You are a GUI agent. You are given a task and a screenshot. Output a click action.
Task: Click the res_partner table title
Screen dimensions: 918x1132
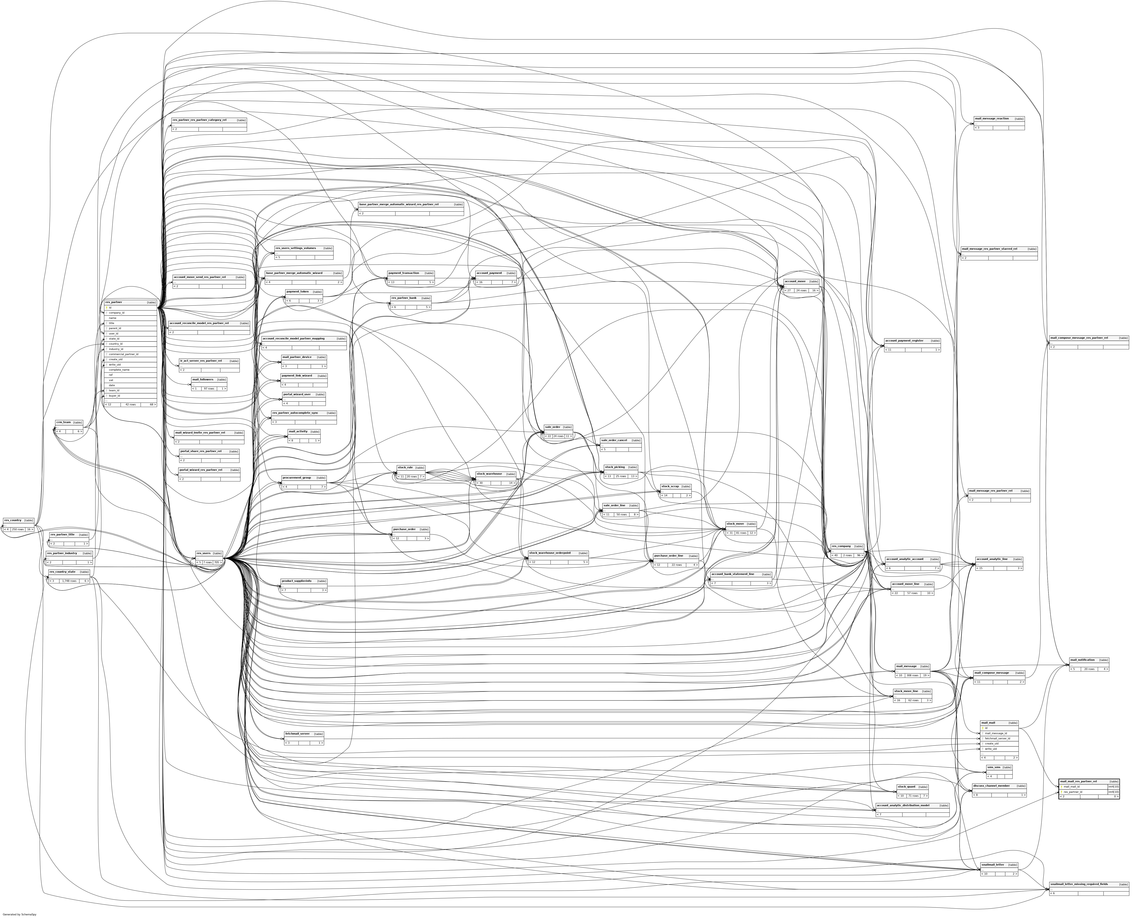(x=114, y=302)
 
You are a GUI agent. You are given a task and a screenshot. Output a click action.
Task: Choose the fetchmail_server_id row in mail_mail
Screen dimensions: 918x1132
(x=997, y=738)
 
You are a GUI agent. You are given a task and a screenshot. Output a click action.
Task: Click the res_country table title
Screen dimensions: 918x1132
(x=12, y=520)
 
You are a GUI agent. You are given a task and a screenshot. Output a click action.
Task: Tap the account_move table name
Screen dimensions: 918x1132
(x=794, y=281)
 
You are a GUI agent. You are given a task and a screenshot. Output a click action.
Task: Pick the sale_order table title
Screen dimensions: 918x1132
(x=552, y=427)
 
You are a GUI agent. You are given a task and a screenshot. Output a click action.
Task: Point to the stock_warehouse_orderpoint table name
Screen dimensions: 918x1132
(x=550, y=553)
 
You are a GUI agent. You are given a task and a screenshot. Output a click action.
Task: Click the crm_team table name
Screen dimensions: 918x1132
(x=63, y=422)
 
